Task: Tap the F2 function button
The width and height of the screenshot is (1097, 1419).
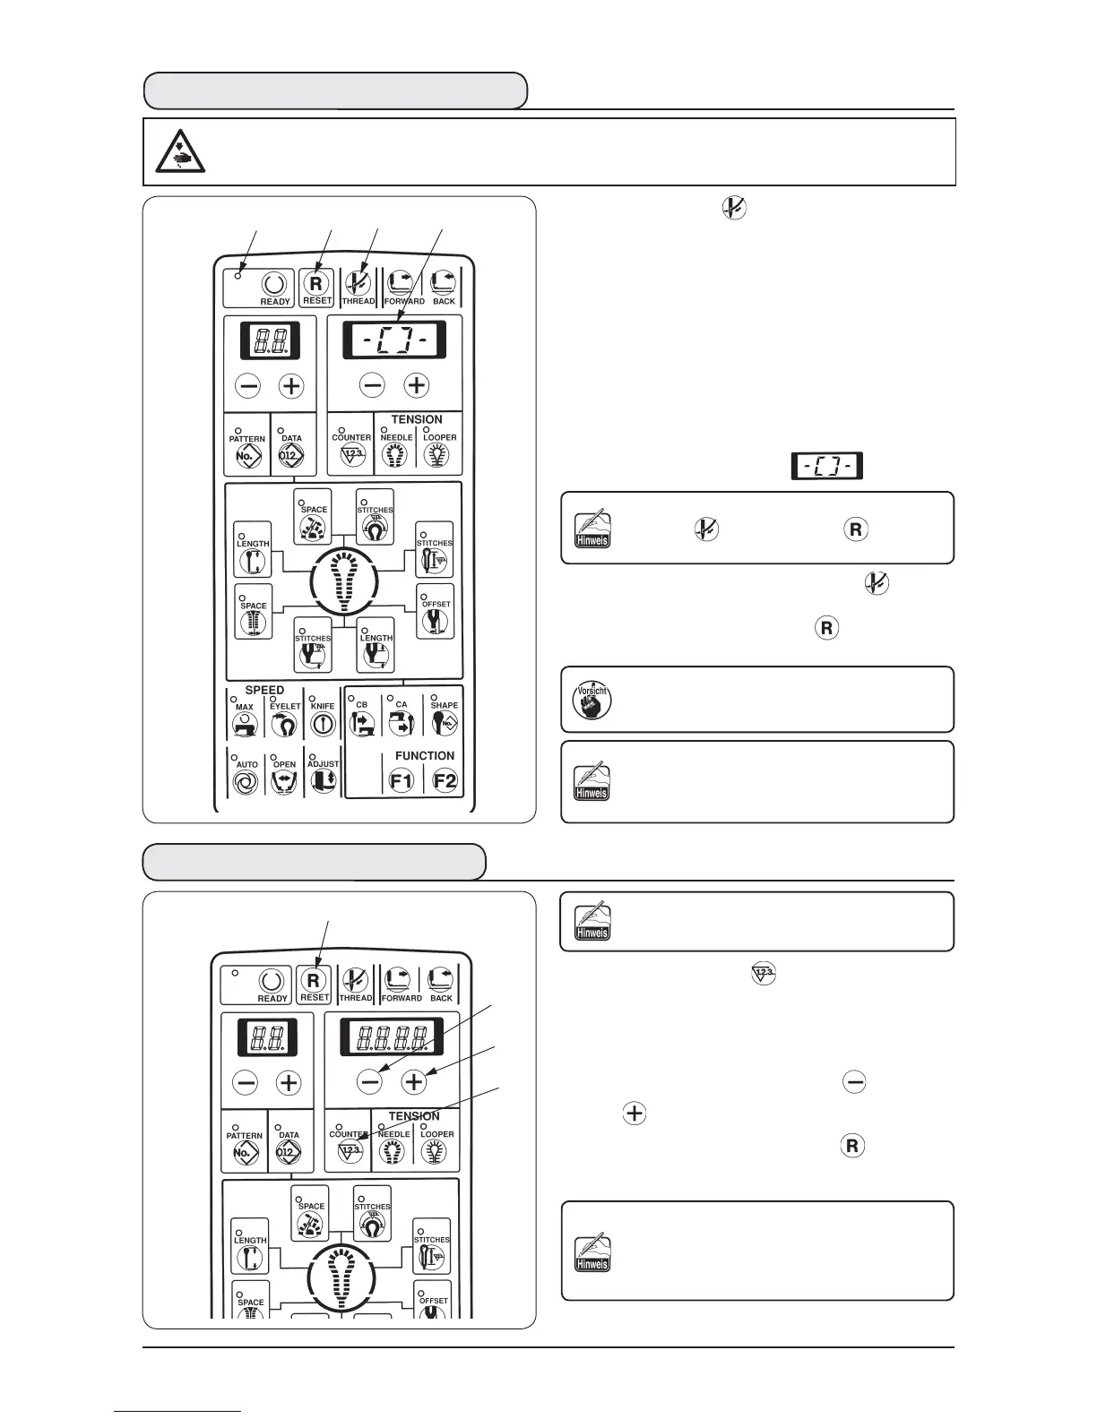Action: (445, 780)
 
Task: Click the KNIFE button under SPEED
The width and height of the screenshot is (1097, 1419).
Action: (323, 725)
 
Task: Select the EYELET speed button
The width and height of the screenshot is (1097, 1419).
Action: (284, 725)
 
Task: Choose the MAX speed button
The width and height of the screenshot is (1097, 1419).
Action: (244, 726)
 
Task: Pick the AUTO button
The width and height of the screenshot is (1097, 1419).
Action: (245, 782)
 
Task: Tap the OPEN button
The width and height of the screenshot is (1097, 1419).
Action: (284, 782)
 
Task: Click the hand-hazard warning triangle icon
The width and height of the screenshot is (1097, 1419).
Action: (180, 150)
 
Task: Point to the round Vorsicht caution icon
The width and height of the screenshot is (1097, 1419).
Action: (592, 700)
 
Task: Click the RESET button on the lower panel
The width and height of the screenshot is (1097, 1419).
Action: (314, 983)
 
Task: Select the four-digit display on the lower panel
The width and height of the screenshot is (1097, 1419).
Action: (393, 1037)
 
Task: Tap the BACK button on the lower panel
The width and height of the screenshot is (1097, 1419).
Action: (441, 983)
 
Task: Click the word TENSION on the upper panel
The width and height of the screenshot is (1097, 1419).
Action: (416, 419)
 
